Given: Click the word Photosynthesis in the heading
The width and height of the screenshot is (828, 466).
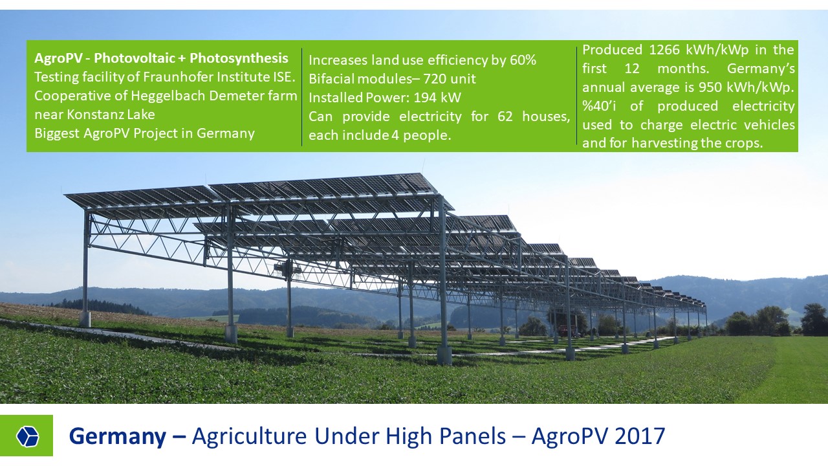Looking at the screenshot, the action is (239, 58).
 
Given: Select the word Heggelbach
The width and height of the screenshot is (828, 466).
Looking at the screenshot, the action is (168, 96).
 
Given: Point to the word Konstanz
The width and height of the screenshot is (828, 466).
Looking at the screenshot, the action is (94, 115).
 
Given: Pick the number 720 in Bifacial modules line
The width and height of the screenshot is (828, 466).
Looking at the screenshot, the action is (435, 79).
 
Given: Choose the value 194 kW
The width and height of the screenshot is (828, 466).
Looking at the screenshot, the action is (437, 98).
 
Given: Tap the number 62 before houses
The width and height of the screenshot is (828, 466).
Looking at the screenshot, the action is (505, 116).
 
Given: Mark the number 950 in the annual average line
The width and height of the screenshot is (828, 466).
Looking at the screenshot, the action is (710, 87).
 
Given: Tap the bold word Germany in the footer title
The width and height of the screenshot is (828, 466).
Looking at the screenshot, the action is (118, 437).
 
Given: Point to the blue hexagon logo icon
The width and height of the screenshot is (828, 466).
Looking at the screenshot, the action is (27, 436).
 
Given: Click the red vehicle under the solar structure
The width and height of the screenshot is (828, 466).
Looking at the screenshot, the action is (565, 330).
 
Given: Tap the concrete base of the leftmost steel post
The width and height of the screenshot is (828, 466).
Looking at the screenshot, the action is (85, 319).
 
